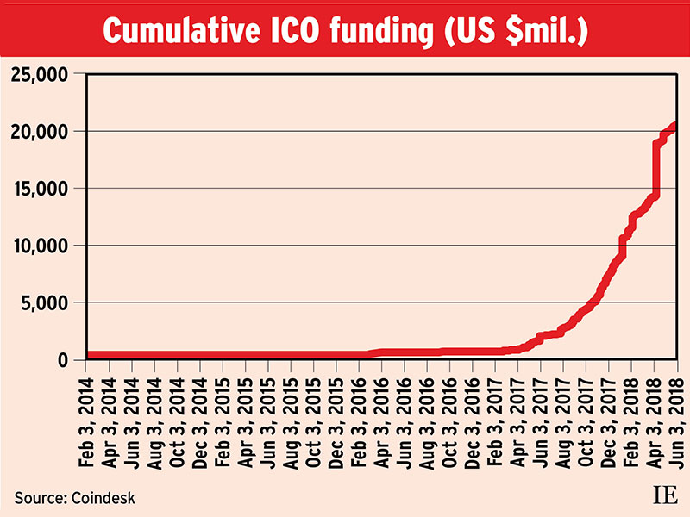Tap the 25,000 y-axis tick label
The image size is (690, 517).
click(x=39, y=74)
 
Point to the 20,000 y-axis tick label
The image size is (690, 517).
click(x=39, y=131)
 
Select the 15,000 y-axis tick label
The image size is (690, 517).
click(x=39, y=189)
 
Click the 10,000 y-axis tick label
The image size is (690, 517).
click(x=39, y=246)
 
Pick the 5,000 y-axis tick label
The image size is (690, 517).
click(x=45, y=302)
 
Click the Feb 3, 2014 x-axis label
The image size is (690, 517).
click(x=87, y=418)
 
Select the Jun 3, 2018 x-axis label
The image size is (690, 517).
click(x=676, y=418)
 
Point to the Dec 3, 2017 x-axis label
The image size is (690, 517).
click(x=608, y=418)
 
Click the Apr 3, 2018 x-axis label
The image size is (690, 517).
click(x=654, y=418)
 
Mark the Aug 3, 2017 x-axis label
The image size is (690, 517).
click(x=563, y=418)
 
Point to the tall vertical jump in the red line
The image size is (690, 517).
click(x=656, y=168)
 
